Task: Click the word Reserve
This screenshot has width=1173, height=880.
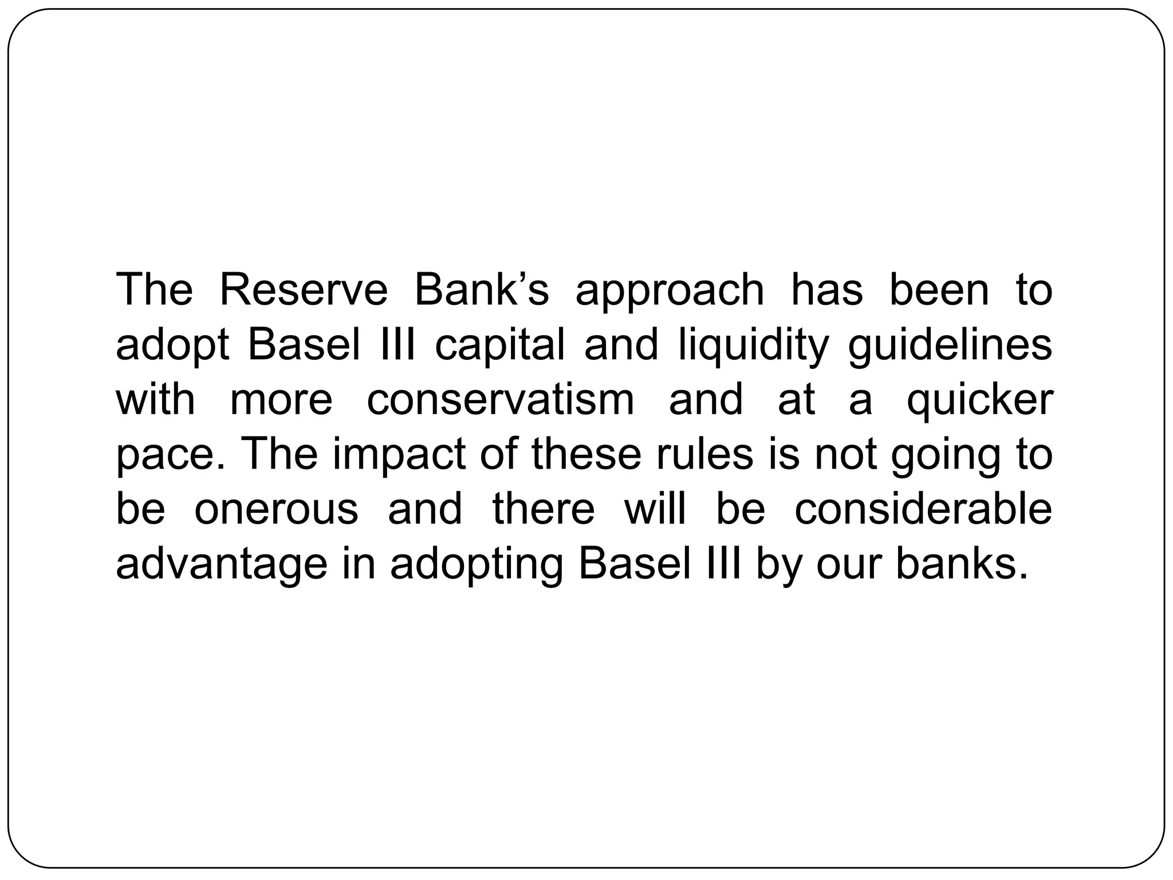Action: click(x=304, y=290)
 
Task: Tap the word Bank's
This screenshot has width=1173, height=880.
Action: click(x=481, y=290)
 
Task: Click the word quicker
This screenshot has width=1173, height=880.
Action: click(x=979, y=401)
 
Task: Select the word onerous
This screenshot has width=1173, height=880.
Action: click(x=276, y=509)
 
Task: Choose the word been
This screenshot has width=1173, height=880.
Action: click(x=939, y=290)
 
